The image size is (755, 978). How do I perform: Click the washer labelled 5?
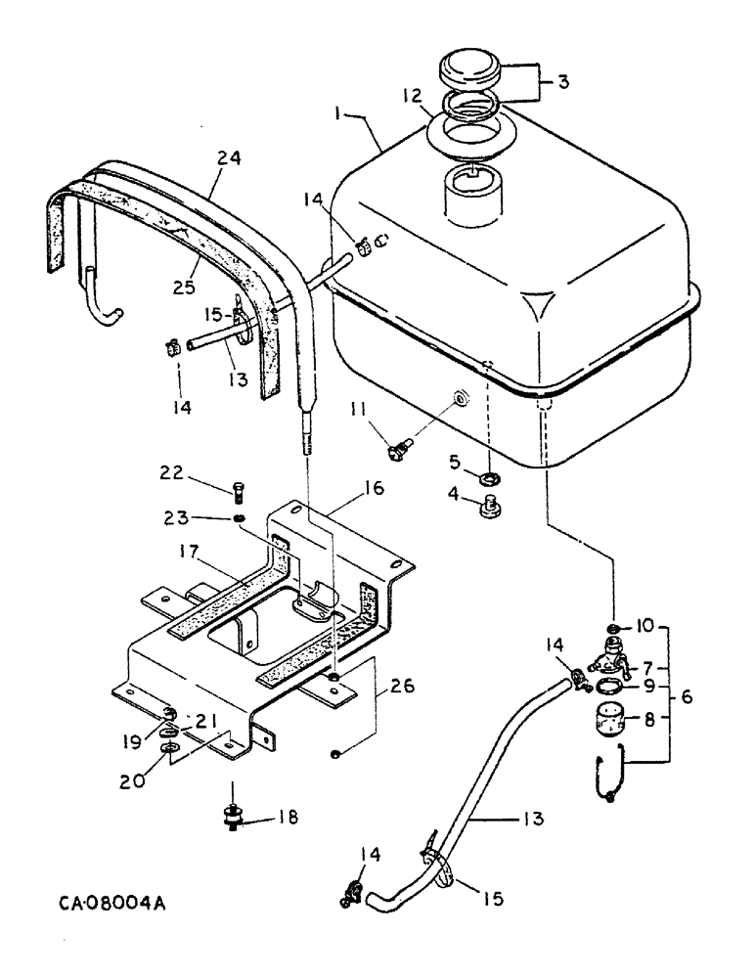486,477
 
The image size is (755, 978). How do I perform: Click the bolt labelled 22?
241,488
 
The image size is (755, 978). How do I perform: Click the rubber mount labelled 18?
236,814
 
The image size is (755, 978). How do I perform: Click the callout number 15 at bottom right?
487,892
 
